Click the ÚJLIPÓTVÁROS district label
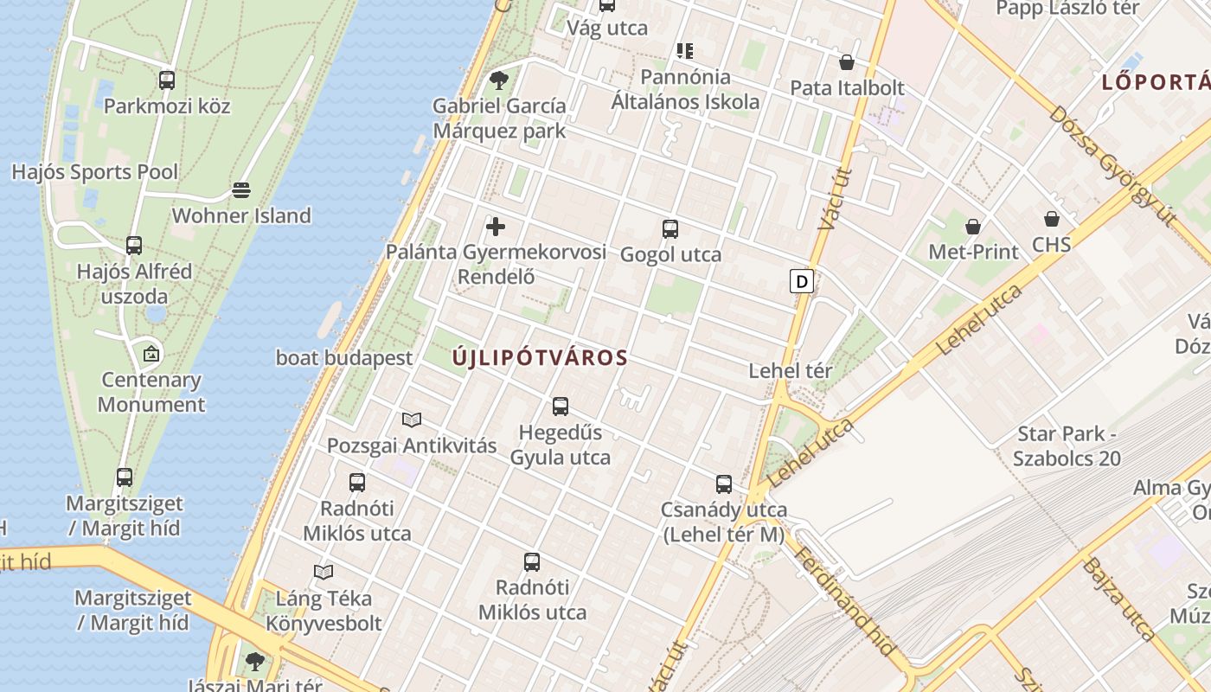(x=540, y=357)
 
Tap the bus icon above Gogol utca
(x=670, y=229)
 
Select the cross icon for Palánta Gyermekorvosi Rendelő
(x=496, y=227)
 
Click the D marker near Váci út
(x=802, y=281)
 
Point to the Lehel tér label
(x=791, y=371)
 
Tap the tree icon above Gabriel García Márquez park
(x=498, y=80)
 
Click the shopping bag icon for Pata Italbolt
(x=847, y=62)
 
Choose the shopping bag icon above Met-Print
(x=973, y=227)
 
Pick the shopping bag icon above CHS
(x=1052, y=219)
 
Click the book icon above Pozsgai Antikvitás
(x=412, y=420)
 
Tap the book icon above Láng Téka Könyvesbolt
(x=324, y=572)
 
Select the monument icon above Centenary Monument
(x=151, y=353)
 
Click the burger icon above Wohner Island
(x=241, y=189)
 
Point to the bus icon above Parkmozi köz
(x=167, y=80)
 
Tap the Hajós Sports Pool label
(x=95, y=172)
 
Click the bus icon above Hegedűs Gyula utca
(x=561, y=406)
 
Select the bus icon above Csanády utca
(x=724, y=484)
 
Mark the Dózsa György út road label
(x=1112, y=166)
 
